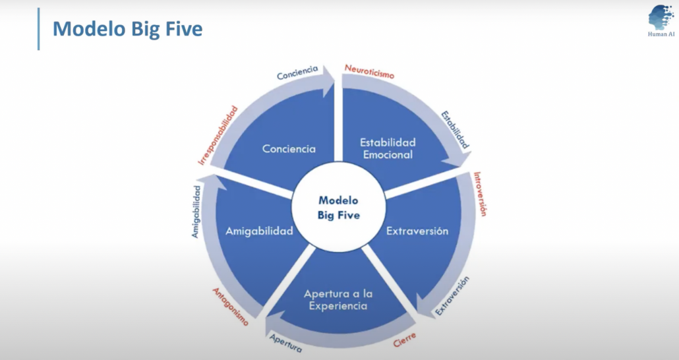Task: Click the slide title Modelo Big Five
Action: [127, 29]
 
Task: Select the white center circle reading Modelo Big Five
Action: [339, 207]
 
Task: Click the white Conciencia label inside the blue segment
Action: [289, 148]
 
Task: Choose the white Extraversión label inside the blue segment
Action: [417, 231]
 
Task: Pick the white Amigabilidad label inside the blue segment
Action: [259, 231]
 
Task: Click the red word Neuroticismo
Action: [370, 71]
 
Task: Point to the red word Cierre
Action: [404, 341]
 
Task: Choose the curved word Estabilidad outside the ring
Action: [456, 128]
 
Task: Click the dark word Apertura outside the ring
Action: [286, 342]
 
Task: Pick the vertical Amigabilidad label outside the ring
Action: [196, 211]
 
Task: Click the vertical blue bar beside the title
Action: [38, 29]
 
